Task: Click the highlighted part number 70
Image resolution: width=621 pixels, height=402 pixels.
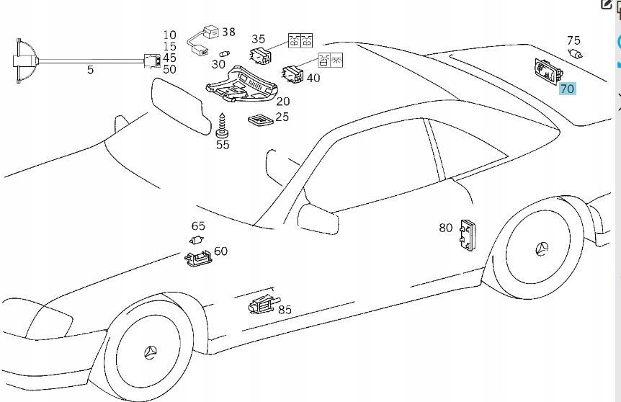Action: (567, 89)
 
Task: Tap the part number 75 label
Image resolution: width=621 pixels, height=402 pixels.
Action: (573, 41)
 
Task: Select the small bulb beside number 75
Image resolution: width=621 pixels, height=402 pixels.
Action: (575, 53)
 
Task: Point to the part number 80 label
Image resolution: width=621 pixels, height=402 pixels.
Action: (446, 228)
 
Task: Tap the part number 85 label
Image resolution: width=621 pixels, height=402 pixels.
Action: (285, 310)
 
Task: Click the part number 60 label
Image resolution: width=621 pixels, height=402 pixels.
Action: (220, 251)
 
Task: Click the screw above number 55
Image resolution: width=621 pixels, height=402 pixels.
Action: (223, 125)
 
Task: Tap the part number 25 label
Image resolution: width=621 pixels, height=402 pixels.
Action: (282, 116)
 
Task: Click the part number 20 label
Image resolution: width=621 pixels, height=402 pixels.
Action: (283, 102)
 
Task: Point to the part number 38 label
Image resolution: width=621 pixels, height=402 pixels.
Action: (228, 32)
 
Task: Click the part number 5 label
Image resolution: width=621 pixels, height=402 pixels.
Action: (90, 70)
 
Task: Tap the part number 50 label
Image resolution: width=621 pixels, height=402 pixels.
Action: (169, 69)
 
